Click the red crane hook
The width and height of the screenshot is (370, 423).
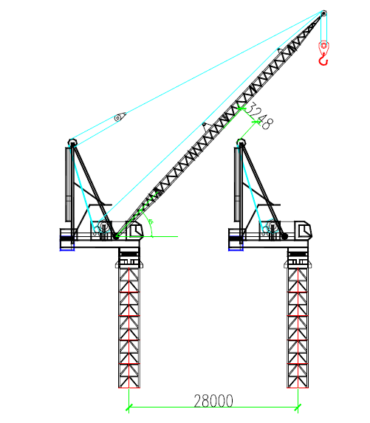click(323, 61)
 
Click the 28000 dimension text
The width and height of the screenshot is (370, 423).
click(213, 401)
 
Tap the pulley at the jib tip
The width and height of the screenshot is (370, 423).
click(324, 13)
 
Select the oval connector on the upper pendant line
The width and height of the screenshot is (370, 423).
click(120, 117)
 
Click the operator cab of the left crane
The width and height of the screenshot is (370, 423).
click(135, 230)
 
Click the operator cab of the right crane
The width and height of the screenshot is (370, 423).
click(303, 230)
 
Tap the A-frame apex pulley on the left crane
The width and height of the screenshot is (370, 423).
click(72, 142)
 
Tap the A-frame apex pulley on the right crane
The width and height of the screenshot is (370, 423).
click(241, 142)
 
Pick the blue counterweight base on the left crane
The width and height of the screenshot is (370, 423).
click(67, 244)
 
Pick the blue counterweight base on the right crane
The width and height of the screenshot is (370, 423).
click(236, 244)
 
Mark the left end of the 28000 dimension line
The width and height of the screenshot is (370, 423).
click(129, 407)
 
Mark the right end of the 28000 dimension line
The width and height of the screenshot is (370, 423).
click(298, 407)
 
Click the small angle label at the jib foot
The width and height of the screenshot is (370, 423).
click(151, 222)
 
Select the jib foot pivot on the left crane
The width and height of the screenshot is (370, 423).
click(116, 236)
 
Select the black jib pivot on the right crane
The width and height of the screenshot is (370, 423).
click(284, 236)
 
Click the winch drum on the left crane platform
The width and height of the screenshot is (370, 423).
click(103, 226)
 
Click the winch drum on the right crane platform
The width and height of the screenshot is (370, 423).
click(272, 226)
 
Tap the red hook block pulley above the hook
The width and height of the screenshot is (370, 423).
click(323, 46)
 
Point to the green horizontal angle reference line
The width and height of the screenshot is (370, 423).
click(148, 236)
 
